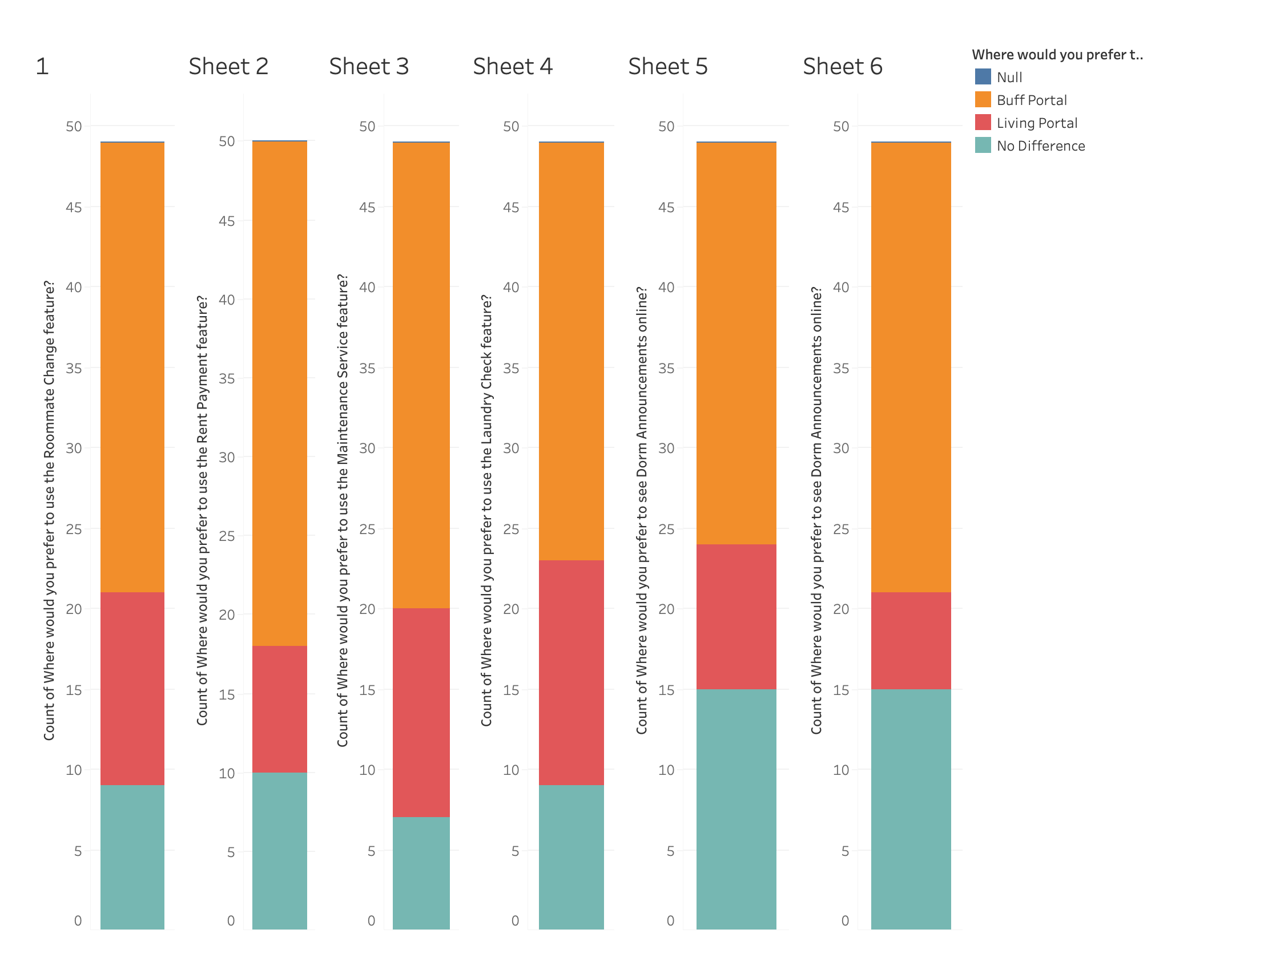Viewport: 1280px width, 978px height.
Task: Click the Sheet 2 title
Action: tap(228, 66)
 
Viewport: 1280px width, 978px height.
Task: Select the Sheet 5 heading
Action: tap(667, 66)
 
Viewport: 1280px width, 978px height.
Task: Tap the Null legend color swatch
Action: tap(983, 77)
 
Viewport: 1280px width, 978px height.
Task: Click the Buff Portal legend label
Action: tap(1031, 100)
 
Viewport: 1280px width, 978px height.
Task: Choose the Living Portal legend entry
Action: tap(1037, 123)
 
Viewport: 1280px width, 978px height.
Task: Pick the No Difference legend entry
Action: tap(1041, 146)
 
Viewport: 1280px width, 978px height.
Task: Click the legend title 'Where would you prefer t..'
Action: tap(1057, 55)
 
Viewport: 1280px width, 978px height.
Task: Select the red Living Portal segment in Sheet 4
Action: tap(571, 672)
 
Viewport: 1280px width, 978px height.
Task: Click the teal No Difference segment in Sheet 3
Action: tap(421, 872)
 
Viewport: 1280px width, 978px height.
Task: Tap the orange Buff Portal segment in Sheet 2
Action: tap(280, 393)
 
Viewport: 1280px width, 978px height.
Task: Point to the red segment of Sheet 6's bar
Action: tap(911, 640)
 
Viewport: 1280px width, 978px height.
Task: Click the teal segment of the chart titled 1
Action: tap(132, 857)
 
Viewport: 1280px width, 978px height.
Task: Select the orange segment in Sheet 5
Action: tap(736, 343)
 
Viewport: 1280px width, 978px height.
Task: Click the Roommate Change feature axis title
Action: tap(50, 510)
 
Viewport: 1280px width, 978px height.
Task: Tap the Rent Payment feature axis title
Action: tap(202, 510)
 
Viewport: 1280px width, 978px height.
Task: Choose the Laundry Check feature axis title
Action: tap(486, 510)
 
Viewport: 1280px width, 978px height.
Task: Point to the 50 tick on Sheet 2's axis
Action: tap(227, 142)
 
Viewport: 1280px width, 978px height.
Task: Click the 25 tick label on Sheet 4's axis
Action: tap(511, 529)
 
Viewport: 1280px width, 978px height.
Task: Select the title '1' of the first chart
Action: tap(42, 66)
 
